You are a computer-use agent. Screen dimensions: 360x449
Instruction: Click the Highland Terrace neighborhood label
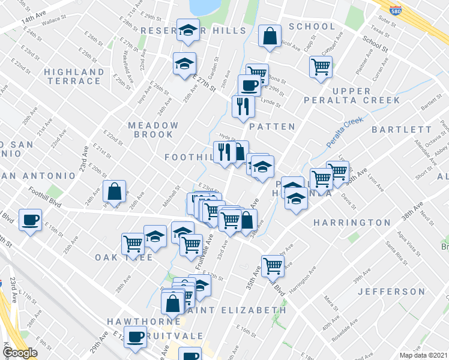pos(74,77)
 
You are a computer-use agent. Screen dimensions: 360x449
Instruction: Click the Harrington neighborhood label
pos(352,223)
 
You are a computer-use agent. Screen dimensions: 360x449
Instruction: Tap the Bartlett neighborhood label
pos(401,130)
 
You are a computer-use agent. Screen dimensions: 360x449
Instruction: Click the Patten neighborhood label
pos(272,127)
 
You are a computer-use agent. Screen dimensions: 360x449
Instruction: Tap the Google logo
pos(20,353)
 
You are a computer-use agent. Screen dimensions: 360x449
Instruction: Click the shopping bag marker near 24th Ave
pos(114,192)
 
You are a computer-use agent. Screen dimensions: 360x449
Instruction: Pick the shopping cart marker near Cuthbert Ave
pos(321,67)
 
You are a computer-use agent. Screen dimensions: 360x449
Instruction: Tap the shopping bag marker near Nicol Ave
pos(270,36)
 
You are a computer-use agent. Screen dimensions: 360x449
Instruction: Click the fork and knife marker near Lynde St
pos(243,107)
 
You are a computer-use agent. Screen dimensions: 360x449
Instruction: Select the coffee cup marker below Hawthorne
pos(135,337)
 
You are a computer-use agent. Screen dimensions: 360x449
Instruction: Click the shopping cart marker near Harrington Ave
pos(273,265)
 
